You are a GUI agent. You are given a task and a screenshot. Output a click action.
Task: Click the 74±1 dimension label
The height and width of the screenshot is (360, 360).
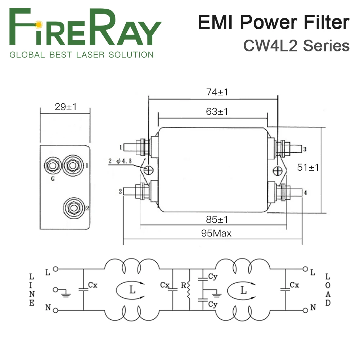(217, 92)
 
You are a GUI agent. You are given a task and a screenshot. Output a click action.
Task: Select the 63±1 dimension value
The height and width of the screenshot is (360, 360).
(217, 111)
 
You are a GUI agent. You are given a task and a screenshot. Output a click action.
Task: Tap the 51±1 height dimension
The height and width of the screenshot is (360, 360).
(308, 167)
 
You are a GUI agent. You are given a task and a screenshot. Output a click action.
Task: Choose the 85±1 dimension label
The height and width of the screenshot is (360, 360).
(217, 219)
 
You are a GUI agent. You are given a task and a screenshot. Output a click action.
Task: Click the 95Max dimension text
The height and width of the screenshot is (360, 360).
(216, 233)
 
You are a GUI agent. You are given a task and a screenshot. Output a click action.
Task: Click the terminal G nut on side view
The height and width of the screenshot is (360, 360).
(53, 166)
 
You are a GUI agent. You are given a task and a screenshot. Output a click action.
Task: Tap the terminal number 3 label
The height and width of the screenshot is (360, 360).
(305, 149)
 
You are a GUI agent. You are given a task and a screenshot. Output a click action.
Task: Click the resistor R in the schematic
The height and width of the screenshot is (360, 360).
(188, 289)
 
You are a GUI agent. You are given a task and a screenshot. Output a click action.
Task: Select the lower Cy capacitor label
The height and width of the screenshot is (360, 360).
(213, 304)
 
